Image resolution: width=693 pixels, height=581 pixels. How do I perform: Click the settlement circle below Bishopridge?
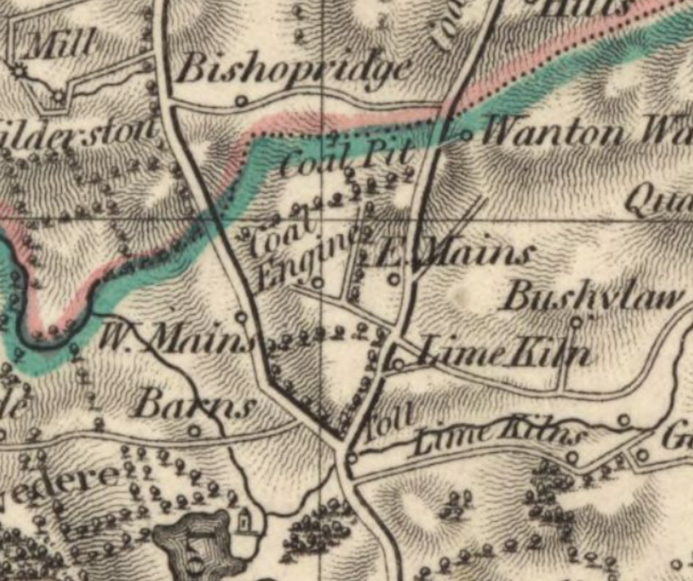pyautogui.click(x=241, y=101)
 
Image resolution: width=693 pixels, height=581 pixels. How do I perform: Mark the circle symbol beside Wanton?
pyautogui.click(x=465, y=136)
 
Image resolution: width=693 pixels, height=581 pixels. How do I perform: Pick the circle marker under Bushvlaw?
pyautogui.click(x=576, y=322)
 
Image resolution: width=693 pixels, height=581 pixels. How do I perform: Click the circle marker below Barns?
pyautogui.click(x=195, y=431)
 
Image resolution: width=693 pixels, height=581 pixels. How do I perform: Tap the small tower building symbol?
pyautogui.click(x=244, y=520)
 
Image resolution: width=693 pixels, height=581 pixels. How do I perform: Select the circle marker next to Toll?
pyautogui.click(x=352, y=458)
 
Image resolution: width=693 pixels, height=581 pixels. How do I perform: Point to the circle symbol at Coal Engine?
pyautogui.click(x=318, y=283)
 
